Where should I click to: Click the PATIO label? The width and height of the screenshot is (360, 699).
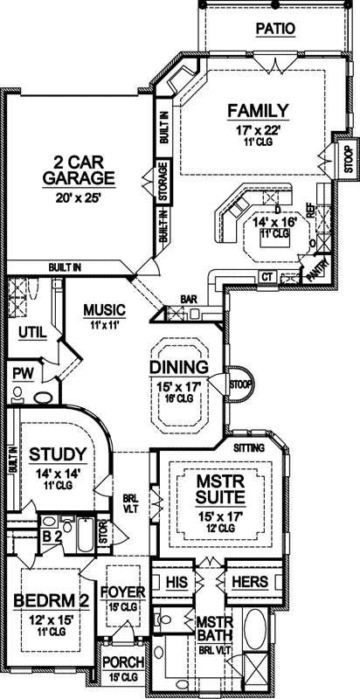[x=274, y=29]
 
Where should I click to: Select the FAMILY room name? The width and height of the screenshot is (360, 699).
[x=258, y=110]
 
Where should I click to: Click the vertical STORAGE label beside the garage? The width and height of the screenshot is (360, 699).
[x=163, y=181]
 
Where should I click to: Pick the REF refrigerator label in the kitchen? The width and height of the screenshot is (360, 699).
[x=309, y=211]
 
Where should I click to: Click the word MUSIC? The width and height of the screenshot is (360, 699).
[x=105, y=310]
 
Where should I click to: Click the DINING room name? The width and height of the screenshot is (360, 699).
[x=178, y=367]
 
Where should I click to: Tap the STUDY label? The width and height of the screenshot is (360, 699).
[x=57, y=454]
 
